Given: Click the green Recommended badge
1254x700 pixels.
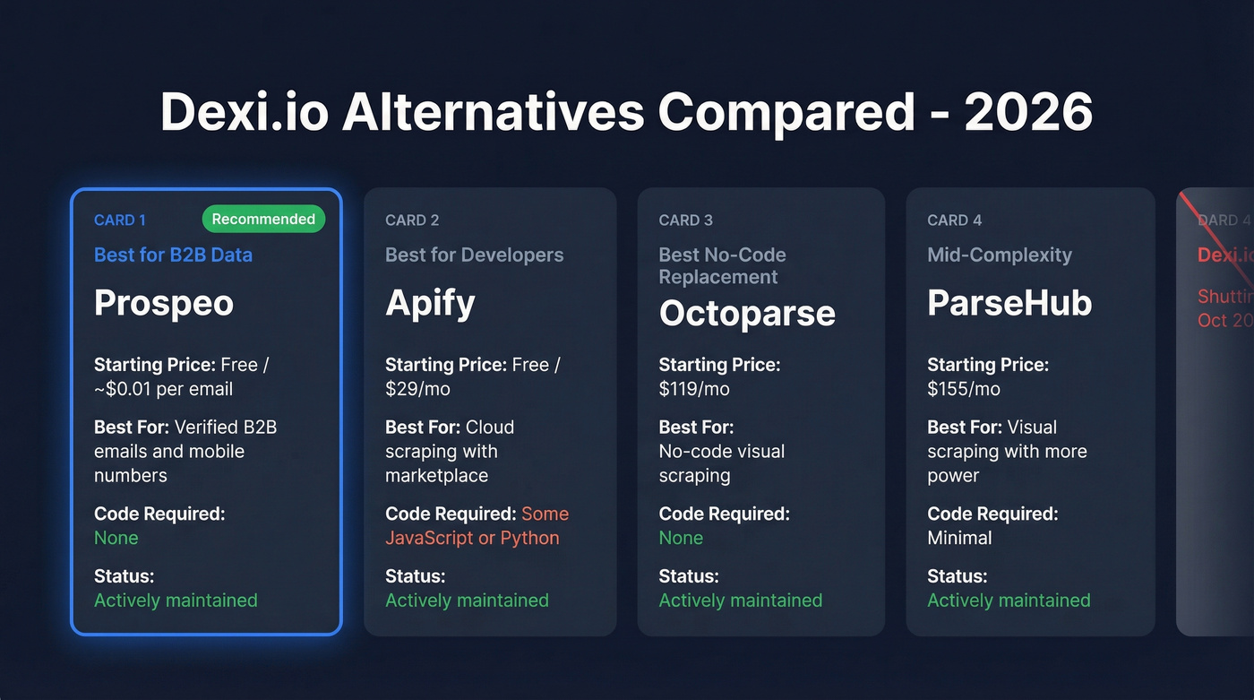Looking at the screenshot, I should (x=263, y=219).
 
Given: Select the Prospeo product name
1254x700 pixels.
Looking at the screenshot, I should (x=164, y=303).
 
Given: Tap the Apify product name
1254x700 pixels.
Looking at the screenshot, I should (x=430, y=303).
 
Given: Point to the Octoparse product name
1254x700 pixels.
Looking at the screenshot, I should (x=747, y=313).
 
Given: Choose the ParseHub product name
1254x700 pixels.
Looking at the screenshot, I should (x=1009, y=303).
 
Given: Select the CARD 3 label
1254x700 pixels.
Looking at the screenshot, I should (x=685, y=220).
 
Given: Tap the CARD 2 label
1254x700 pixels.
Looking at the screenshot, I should (x=412, y=220).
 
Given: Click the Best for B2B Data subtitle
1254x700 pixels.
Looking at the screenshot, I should (x=173, y=255).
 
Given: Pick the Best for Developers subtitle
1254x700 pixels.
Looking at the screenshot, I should (x=474, y=255).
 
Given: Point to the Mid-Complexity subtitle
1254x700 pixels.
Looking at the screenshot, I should (x=999, y=255).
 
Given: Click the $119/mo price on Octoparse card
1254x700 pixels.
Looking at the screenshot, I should (x=694, y=389).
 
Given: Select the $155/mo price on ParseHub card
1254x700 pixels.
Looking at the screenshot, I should (x=963, y=389).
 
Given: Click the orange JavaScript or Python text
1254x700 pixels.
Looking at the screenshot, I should (x=472, y=538).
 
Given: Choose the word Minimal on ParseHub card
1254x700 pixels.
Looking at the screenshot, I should (x=959, y=538).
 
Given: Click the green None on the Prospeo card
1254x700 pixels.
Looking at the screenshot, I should (x=116, y=538).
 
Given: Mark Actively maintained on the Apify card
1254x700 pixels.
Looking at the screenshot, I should (x=467, y=601).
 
